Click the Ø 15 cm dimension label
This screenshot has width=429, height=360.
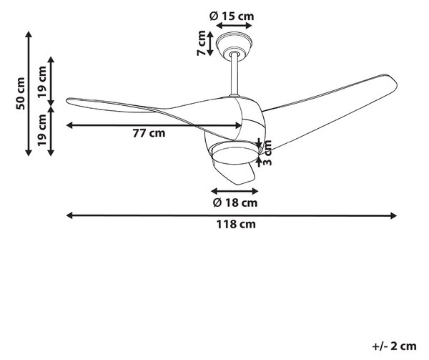(232, 16)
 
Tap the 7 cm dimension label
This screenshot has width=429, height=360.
(202, 43)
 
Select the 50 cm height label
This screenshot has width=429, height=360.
(20, 94)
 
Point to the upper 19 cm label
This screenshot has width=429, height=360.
(42, 82)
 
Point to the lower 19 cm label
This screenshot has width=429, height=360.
(42, 130)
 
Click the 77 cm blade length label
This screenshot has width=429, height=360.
(149, 133)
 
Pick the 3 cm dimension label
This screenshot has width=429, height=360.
(267, 152)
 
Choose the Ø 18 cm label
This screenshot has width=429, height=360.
(235, 203)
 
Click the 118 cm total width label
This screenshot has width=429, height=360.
(236, 225)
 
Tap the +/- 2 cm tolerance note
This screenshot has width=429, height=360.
(394, 346)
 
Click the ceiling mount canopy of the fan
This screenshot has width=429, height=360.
(235, 44)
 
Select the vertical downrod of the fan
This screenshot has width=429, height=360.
(235, 74)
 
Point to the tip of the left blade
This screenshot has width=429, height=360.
(67, 100)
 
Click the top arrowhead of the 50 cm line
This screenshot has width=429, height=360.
(29, 34)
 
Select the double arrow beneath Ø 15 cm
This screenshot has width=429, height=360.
(234, 26)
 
